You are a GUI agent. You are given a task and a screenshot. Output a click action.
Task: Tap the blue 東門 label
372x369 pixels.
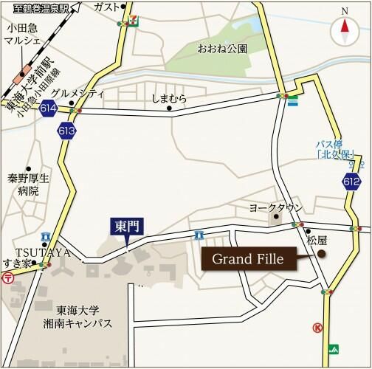[127, 227]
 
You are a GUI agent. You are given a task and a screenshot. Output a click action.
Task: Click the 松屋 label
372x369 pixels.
[317, 240]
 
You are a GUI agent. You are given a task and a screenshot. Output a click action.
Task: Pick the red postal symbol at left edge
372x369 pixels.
[7, 277]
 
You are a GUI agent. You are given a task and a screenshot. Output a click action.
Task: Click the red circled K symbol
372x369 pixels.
[317, 327]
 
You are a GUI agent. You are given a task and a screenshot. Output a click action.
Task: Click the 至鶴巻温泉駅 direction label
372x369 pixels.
[41, 8]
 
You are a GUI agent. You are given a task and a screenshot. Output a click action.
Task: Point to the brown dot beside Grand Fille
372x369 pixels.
[322, 255]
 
